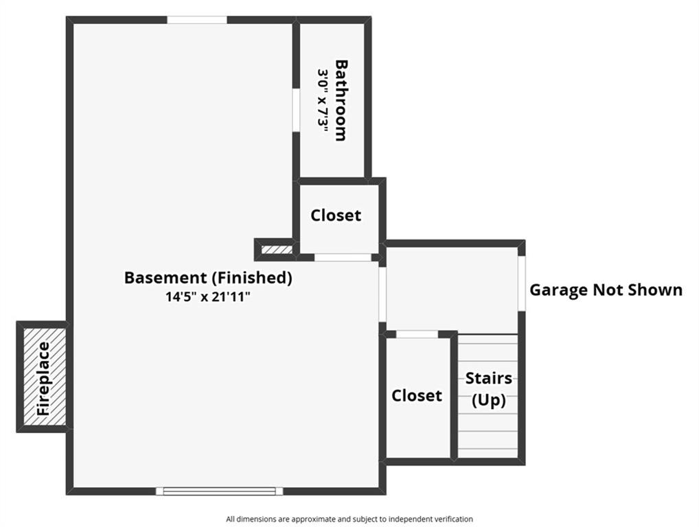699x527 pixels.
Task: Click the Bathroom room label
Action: pos(341,100)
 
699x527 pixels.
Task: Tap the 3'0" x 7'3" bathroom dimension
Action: pos(323,101)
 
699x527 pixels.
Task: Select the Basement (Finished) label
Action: pos(208,277)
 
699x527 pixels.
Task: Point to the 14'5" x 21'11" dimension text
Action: pos(208,296)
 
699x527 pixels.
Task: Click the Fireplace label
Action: pos(44,379)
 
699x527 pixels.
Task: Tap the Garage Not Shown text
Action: pos(606,290)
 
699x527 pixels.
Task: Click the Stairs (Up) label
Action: pos(489,389)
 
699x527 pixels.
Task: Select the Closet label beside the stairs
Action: pos(416,395)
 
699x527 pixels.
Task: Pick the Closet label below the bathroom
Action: pos(336,215)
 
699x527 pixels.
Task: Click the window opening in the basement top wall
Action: pos(197,20)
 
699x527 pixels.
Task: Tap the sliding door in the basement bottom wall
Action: pos(219,491)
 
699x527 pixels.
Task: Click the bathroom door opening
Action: pos(296,110)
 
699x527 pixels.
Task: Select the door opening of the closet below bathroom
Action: pos(343,257)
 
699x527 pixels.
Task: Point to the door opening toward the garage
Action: pos(522,283)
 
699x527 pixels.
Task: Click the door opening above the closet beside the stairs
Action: pos(417,334)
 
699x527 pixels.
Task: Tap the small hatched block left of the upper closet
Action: pos(277,250)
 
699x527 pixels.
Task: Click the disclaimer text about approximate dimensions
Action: pos(349,519)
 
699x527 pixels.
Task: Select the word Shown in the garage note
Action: pos(655,290)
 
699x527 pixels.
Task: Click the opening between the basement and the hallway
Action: pos(382,294)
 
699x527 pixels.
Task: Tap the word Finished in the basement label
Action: pos(252,277)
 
